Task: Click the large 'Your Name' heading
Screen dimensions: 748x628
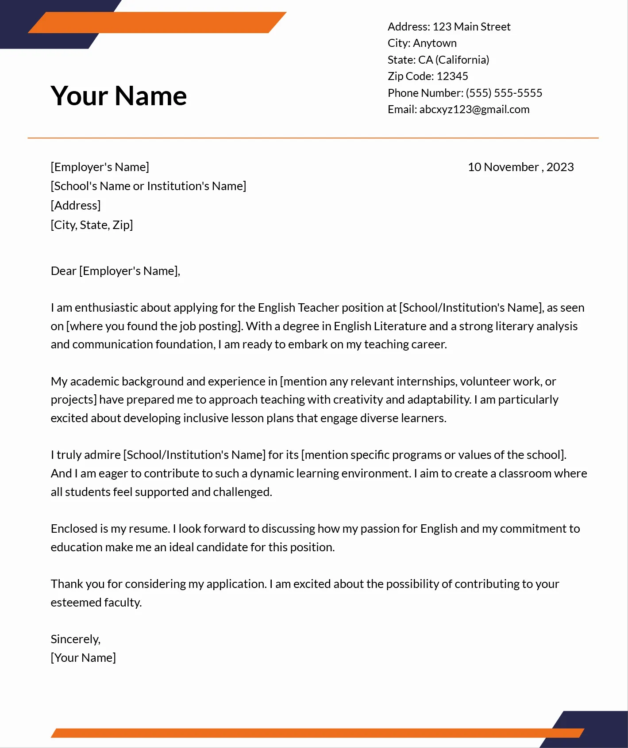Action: pos(119,96)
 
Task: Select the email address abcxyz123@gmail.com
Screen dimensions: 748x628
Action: pos(474,110)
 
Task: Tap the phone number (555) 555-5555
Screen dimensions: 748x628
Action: pos(504,93)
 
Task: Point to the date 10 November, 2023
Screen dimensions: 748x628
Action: pos(520,167)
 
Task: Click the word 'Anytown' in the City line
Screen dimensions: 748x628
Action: pos(435,43)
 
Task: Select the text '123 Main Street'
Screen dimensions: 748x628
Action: pos(471,27)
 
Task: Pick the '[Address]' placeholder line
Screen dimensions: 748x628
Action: pos(76,206)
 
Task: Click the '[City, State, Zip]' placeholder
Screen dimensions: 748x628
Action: pos(92,225)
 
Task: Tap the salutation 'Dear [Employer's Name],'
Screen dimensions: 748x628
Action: pos(116,271)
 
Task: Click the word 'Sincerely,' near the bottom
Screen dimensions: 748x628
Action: pos(76,639)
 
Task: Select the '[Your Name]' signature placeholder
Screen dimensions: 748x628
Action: pos(83,658)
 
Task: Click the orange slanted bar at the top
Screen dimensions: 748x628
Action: pos(157,23)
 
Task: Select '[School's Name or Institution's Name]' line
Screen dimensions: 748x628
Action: pos(148,186)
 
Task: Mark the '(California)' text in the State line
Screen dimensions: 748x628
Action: pos(462,60)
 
